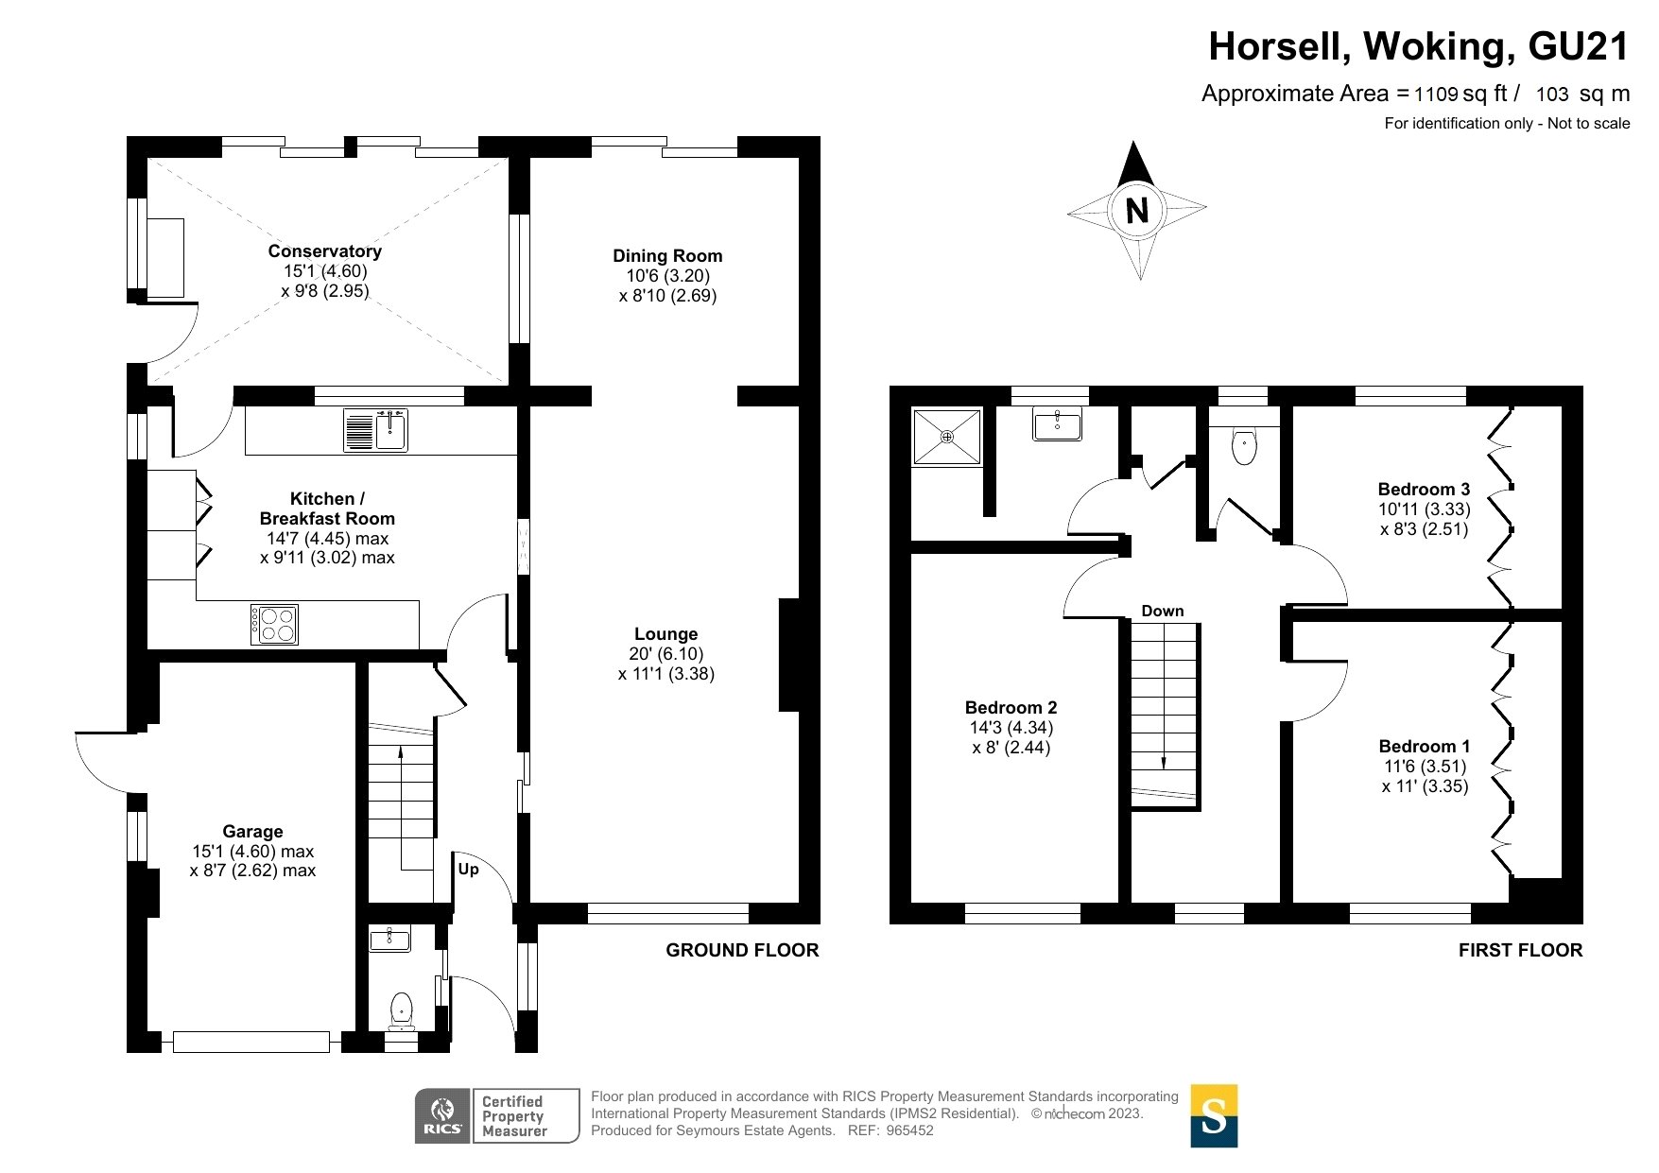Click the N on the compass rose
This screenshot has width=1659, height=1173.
pos(1137,210)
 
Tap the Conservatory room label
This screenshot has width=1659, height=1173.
pos(324,250)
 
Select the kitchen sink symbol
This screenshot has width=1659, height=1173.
pos(375,430)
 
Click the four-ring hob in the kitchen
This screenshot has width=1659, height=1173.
pos(274,625)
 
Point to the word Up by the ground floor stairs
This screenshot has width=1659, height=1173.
pos(468,869)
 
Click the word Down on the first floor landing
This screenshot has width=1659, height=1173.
pos(1162,611)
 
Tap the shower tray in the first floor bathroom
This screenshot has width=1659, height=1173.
pos(946,436)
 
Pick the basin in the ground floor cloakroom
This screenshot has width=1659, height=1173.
pos(390,939)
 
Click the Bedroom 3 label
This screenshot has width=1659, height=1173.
pos(1424,489)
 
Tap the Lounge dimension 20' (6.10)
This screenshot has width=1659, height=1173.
pos(666,654)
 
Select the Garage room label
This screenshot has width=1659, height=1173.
pos(252,831)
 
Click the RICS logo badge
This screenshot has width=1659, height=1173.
pos(442,1115)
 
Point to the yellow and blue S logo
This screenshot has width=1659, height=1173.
pos(1214,1116)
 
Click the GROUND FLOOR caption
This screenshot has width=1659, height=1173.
pos(742,950)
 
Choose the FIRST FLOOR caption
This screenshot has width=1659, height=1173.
pos(1520,950)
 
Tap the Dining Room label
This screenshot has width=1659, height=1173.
pos(667,255)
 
